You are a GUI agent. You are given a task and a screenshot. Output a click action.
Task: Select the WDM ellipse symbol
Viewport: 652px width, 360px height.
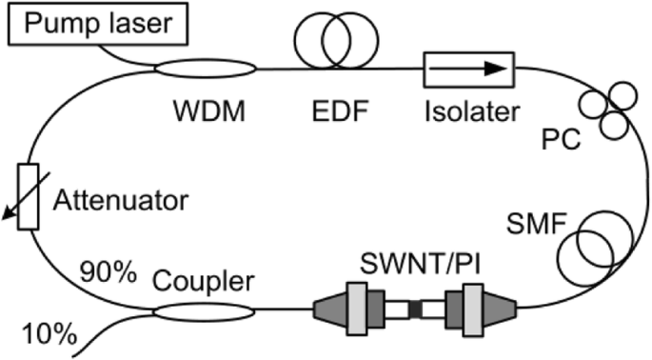(206, 69)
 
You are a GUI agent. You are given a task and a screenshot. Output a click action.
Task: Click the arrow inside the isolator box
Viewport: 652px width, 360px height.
(468, 69)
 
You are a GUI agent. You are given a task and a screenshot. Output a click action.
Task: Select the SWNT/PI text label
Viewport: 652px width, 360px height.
(415, 263)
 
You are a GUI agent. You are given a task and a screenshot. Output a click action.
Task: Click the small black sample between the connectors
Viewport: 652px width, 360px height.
(415, 310)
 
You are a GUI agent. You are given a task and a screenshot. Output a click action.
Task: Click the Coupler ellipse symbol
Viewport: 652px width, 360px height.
(204, 310)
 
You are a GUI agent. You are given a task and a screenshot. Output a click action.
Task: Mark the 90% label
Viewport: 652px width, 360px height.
(110, 273)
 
